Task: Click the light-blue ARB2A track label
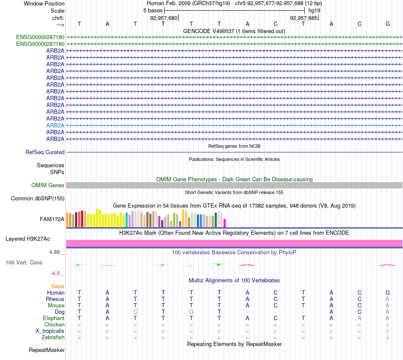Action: (55, 125)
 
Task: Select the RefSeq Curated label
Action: (45, 152)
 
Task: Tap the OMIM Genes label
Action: (48, 185)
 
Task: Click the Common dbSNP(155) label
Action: (38, 198)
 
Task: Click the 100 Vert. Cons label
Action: (24, 262)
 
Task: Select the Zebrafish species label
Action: (53, 337)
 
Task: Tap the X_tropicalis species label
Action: (50, 331)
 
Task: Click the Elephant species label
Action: (53, 318)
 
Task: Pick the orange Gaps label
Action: (58, 286)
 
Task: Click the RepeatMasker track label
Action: (47, 350)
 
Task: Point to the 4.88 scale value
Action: (56, 252)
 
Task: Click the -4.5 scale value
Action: (56, 273)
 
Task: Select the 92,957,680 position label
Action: (164, 18)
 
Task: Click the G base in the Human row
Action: (387, 292)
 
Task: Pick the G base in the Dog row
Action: (191, 312)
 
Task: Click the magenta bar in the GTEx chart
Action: (225, 223)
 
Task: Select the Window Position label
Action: (44, 3)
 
